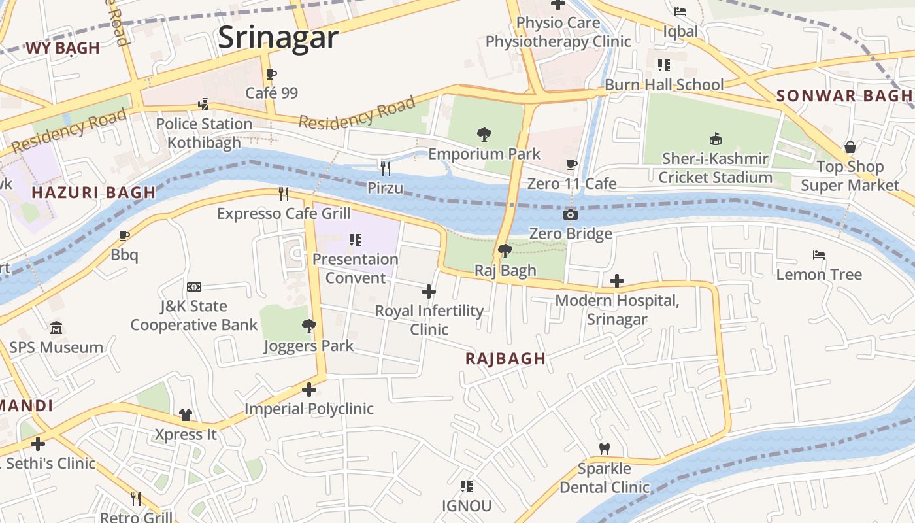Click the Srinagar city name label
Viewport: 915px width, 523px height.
pos(278,37)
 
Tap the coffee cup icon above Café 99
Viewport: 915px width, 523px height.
pos(271,75)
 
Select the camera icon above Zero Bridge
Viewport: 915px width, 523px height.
pos(571,214)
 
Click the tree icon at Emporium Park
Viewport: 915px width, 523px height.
pos(484,135)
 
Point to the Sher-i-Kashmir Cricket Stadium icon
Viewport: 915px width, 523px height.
pos(716,139)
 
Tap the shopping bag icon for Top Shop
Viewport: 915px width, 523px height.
pos(850,147)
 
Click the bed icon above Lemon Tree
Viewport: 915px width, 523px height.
pos(819,254)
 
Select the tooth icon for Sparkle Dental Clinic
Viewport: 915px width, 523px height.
pos(605,448)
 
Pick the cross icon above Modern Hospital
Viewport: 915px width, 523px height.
pos(616,281)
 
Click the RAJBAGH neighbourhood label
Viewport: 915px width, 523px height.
pos(505,358)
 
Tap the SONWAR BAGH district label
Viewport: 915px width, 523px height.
pos(844,95)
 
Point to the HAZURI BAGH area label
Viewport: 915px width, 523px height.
pos(93,192)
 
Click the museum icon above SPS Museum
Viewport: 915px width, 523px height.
pos(56,328)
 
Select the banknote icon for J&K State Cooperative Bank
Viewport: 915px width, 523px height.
pos(194,287)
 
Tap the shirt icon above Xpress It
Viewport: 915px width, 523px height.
pos(186,415)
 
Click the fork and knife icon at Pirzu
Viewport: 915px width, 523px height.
pos(386,169)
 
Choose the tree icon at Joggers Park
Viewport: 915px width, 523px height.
pos(309,326)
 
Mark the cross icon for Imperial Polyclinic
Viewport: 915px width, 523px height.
pos(309,390)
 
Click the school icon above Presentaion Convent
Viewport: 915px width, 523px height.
pos(356,240)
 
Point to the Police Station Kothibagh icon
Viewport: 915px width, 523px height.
pos(204,104)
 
